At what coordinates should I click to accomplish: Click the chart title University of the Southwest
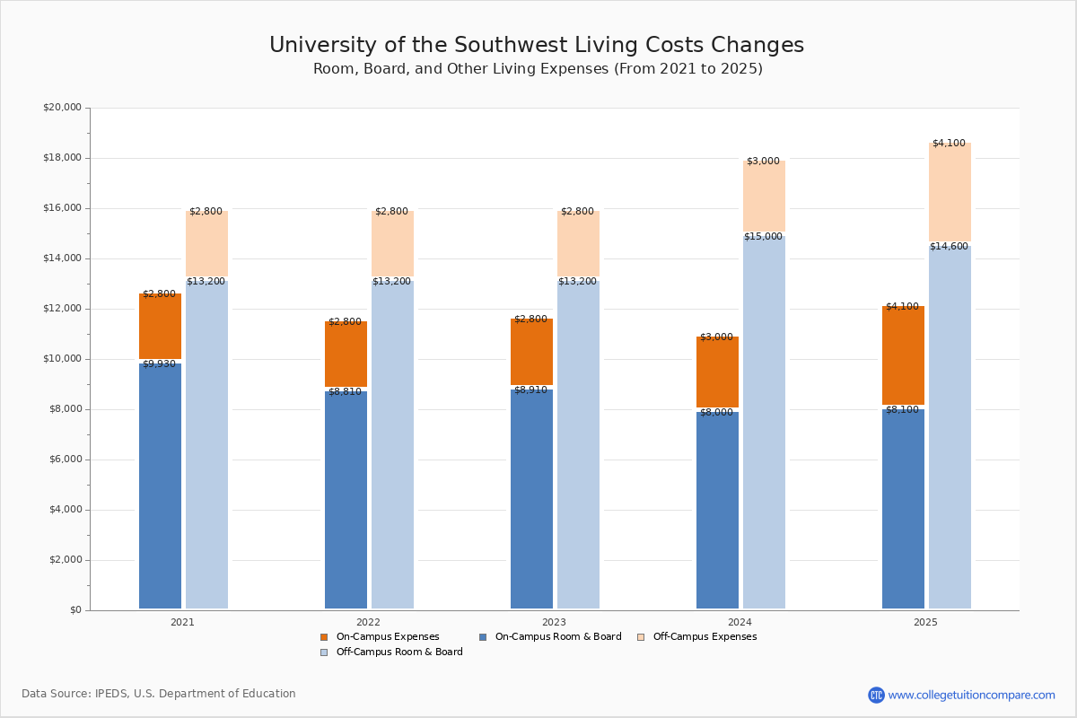point(537,46)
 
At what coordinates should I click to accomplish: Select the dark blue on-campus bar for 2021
point(160,485)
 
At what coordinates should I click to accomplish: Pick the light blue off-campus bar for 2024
point(764,422)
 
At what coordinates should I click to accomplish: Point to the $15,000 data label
point(763,237)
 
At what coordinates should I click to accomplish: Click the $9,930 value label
point(159,364)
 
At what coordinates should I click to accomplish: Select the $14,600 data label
point(949,247)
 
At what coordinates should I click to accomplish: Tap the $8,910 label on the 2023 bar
point(530,390)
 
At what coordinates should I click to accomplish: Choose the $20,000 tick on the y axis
point(62,108)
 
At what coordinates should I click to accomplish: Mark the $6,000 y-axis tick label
point(65,460)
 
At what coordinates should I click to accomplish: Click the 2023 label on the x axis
point(554,622)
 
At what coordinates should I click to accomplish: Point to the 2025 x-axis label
point(925,622)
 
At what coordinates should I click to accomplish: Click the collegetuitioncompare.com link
point(971,695)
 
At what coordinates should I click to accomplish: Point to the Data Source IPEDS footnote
point(159,694)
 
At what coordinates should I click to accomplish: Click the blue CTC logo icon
point(876,695)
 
